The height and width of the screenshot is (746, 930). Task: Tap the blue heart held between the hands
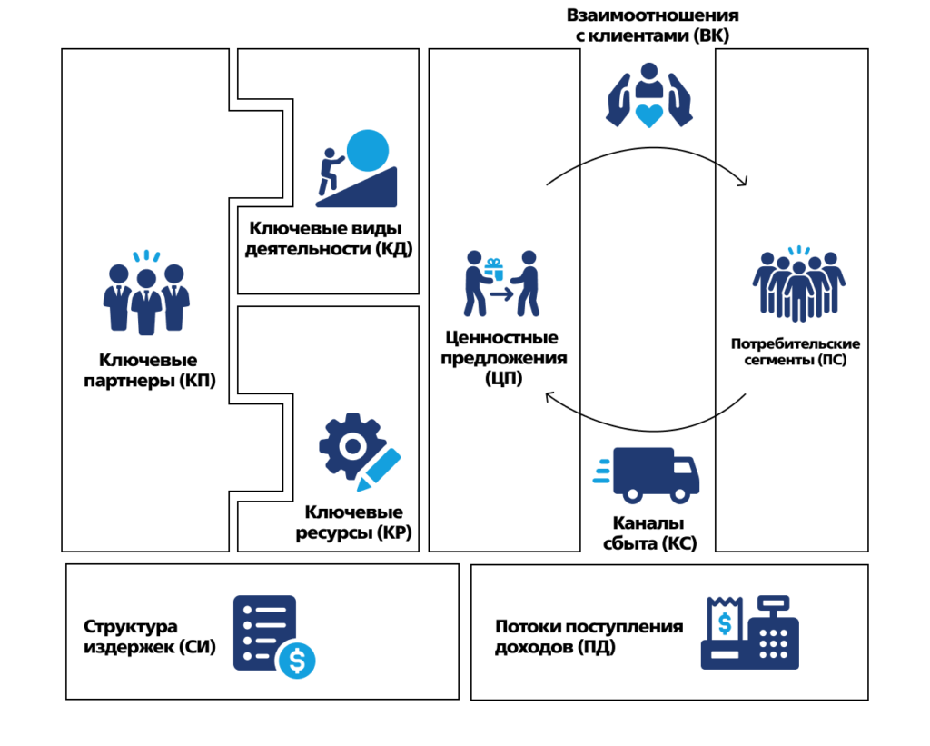649,114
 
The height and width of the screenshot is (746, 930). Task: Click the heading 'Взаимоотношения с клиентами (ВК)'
652,26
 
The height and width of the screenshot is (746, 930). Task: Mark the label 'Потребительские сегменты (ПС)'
795,353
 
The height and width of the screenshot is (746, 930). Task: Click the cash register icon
750,633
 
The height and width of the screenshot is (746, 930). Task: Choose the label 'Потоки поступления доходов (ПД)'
589,637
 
